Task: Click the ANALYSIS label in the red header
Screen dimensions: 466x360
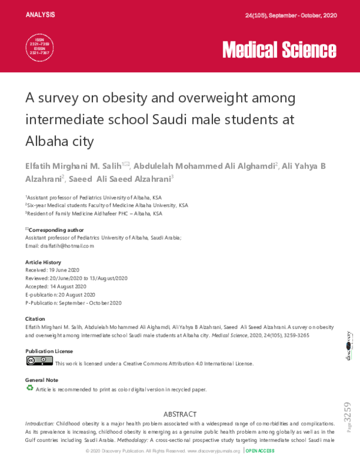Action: point(40,14)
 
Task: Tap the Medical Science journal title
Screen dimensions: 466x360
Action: point(279,49)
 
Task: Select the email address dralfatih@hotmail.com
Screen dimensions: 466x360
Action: point(59,246)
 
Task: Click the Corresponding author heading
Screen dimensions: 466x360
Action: point(56,230)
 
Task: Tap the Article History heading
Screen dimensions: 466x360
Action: point(43,262)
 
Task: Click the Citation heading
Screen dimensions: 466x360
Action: point(35,318)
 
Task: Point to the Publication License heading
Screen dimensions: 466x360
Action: point(49,351)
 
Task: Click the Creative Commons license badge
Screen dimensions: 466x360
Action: point(39,361)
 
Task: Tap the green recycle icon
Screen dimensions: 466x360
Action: point(29,388)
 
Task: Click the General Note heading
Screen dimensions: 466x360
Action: point(42,380)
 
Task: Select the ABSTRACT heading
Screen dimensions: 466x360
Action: point(179,414)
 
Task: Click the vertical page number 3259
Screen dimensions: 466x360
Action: point(347,414)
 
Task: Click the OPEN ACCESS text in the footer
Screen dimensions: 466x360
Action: point(260,451)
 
